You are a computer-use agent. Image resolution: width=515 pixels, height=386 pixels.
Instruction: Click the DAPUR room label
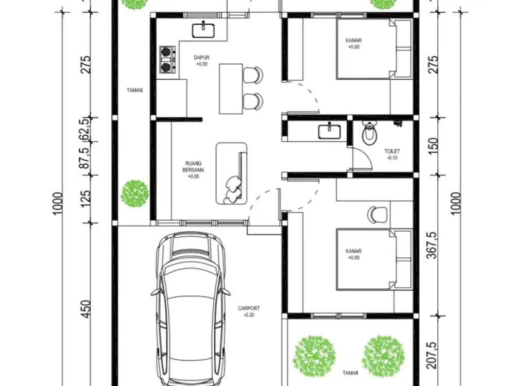(x=201, y=58)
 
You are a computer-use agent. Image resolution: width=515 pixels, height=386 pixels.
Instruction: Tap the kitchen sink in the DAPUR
(x=204, y=30)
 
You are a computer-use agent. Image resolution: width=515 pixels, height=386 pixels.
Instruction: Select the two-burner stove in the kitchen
(x=166, y=59)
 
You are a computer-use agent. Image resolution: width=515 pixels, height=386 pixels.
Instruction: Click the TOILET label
(x=392, y=151)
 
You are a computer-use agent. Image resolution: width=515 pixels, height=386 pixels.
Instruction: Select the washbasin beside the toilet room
(x=329, y=132)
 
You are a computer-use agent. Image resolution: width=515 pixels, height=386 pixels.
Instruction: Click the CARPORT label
(x=249, y=309)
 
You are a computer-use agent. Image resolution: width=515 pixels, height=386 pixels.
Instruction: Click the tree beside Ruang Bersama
(x=135, y=194)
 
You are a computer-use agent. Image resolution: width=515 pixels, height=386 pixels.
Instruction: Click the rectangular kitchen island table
(x=230, y=88)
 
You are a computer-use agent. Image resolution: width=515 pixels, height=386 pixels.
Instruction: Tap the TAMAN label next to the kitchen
(x=134, y=90)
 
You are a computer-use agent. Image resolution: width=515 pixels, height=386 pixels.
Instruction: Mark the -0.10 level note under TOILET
(x=392, y=158)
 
